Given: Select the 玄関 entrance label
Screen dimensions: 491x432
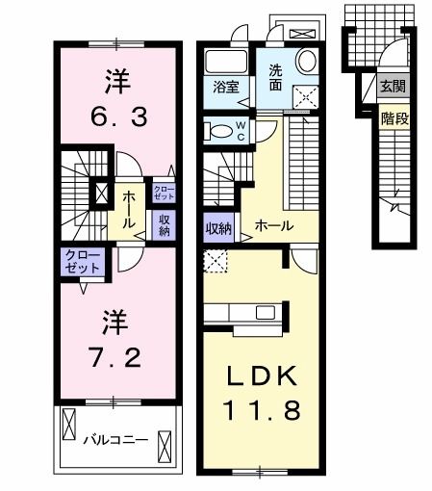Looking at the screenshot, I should [x=393, y=88].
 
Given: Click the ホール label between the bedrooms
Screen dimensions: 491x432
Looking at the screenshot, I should [x=128, y=206].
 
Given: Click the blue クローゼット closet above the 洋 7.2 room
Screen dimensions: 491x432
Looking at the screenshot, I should [x=80, y=261].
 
